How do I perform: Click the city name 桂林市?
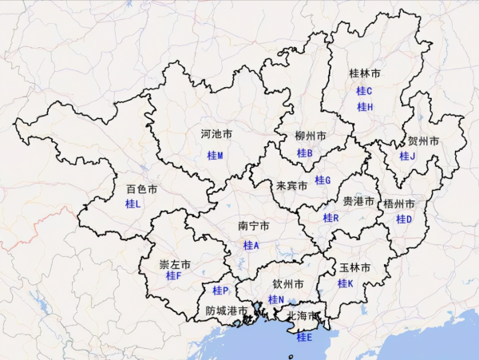365,73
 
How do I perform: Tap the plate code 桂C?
365,91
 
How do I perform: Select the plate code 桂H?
365,107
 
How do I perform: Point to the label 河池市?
216,135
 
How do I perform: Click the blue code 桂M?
216,155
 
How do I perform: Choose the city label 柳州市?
310,136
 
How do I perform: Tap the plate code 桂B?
304,153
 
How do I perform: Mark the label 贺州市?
423,141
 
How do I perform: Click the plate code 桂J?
407,156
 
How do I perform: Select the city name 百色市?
141,190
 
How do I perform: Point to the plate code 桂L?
133,204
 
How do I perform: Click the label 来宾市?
291,186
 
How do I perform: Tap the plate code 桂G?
322,180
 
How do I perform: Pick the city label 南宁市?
253,226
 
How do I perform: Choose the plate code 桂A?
251,246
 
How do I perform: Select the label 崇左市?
175,264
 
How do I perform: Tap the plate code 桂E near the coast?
304,338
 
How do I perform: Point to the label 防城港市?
227,311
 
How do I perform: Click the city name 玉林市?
354,268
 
